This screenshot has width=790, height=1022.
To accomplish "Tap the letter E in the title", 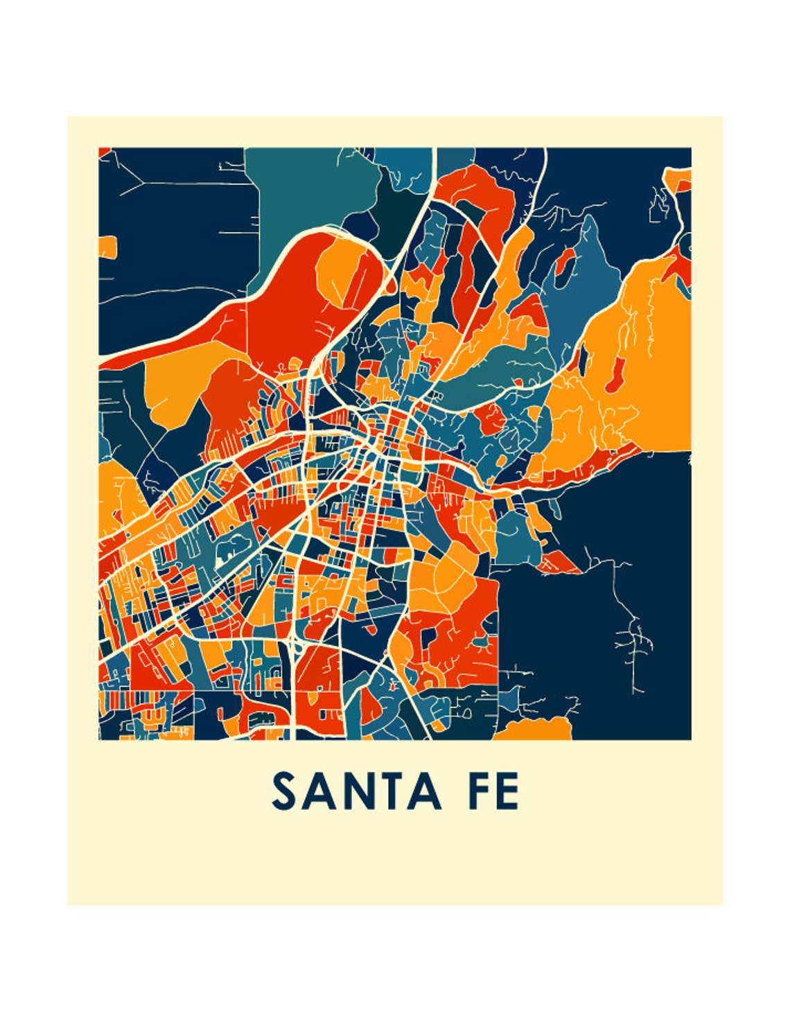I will (x=507, y=792).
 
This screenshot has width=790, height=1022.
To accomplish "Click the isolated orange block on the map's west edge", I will (x=107, y=247).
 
